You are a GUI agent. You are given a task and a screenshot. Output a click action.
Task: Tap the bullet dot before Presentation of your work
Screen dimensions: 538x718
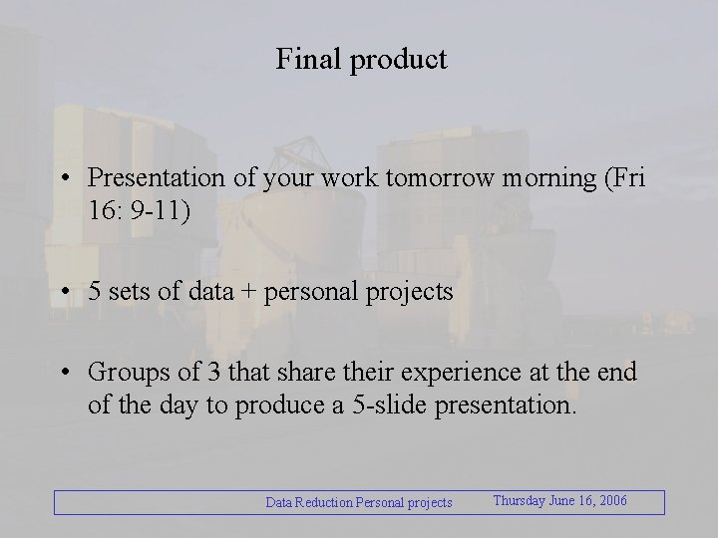point(63,179)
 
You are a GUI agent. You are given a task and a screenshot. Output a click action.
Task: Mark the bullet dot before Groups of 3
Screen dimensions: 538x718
point(63,374)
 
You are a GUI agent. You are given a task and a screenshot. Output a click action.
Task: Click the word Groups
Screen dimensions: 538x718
point(124,373)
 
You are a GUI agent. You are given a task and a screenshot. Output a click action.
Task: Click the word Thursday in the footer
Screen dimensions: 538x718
point(519,501)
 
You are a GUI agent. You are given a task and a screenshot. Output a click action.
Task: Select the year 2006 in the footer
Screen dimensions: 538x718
point(610,501)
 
